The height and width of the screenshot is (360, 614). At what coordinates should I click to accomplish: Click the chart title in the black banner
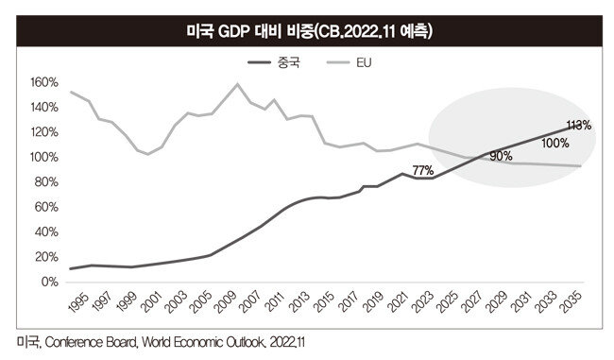click(x=309, y=31)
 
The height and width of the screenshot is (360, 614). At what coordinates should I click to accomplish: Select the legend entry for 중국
click(x=274, y=62)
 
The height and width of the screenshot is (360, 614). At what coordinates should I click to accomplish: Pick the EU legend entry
click(x=349, y=62)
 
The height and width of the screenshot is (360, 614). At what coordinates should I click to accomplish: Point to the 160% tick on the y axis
click(x=43, y=82)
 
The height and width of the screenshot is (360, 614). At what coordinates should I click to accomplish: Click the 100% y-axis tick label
click(x=43, y=157)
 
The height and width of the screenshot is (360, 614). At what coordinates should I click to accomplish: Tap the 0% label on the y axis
click(x=50, y=282)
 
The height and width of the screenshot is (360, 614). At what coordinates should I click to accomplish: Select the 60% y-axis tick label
click(x=46, y=207)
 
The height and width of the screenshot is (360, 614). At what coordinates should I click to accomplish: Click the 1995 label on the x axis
click(x=78, y=302)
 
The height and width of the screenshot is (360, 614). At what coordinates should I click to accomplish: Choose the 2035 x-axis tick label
click(x=571, y=302)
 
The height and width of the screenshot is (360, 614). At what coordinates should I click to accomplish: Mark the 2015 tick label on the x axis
click(x=324, y=302)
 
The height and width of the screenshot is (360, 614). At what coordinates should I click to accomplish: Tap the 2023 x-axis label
click(x=423, y=302)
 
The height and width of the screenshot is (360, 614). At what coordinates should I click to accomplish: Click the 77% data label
click(x=423, y=170)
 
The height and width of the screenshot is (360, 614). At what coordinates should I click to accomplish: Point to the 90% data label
click(x=501, y=156)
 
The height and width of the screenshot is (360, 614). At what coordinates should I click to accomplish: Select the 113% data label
click(x=579, y=125)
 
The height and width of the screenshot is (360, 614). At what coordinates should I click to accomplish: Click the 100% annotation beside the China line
click(x=555, y=143)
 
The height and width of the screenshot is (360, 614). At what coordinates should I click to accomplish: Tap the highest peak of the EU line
click(x=237, y=83)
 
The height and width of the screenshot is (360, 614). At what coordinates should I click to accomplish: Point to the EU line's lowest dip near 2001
click(x=147, y=154)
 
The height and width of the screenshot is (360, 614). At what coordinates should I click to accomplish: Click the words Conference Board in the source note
click(x=91, y=342)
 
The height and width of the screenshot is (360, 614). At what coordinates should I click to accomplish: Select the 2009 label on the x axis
click(x=226, y=302)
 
